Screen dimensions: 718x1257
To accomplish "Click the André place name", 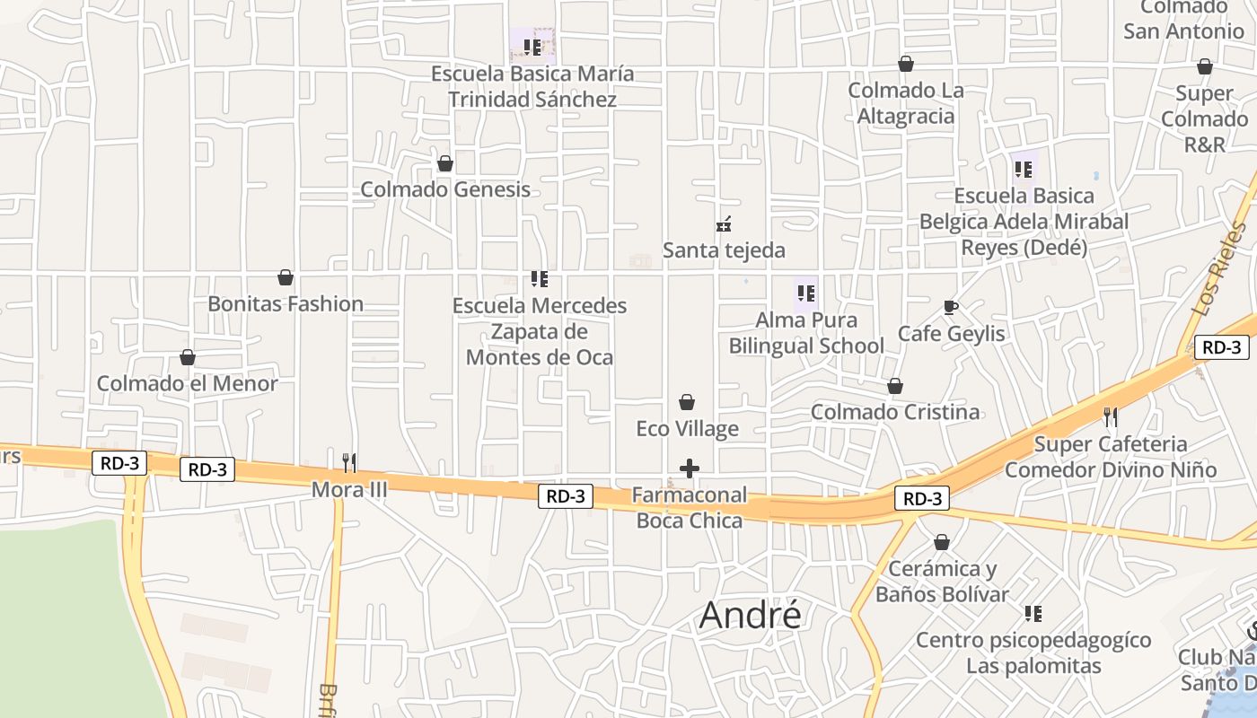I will click(750, 615).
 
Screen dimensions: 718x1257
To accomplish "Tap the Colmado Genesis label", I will click(445, 189).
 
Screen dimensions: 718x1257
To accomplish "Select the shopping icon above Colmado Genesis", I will click(445, 163).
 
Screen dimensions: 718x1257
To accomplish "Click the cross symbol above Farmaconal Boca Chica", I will click(690, 468).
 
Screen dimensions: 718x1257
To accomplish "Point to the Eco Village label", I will click(688, 428).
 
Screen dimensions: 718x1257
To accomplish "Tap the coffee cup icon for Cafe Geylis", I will click(951, 308).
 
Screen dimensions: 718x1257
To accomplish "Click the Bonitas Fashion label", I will click(286, 303).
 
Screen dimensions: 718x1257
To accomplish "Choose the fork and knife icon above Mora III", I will click(349, 463).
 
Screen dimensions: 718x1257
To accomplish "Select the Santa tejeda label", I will click(724, 250).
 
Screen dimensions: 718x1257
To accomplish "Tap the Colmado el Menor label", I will click(188, 383).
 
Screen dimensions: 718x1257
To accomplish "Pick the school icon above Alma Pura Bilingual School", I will click(805, 293).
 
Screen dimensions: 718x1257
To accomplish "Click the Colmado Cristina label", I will click(895, 412).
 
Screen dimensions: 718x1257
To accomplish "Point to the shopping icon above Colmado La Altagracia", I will click(906, 65).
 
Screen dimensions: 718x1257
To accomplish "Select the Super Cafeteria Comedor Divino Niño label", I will click(1111, 457).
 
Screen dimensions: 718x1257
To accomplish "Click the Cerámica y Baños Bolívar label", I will click(942, 582).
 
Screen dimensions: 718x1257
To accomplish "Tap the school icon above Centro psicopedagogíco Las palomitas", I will click(1033, 614).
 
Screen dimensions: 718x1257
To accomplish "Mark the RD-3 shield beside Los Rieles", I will click(1222, 347).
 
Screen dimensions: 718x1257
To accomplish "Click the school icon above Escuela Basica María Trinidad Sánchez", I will click(532, 46).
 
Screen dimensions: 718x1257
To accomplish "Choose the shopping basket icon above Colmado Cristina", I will click(895, 386).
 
